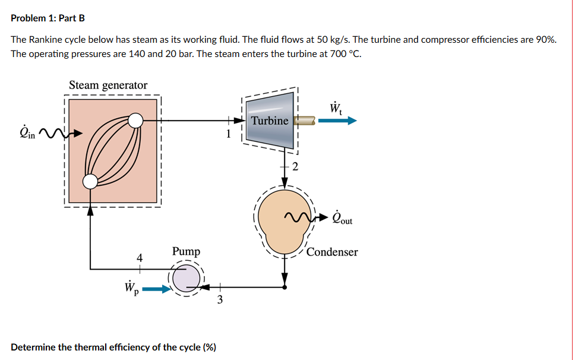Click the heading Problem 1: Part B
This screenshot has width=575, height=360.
[48, 18]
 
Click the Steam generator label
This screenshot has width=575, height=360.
[108, 85]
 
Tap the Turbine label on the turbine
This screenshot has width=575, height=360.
[270, 121]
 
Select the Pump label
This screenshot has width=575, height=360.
[186, 251]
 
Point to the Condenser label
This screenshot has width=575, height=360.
[332, 252]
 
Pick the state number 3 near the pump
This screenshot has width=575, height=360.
[220, 300]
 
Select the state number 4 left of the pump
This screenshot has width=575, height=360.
[140, 258]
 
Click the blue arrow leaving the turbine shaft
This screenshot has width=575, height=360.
[337, 121]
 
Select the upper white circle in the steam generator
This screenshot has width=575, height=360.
[136, 121]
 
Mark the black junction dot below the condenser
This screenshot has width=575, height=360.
[285, 287]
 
